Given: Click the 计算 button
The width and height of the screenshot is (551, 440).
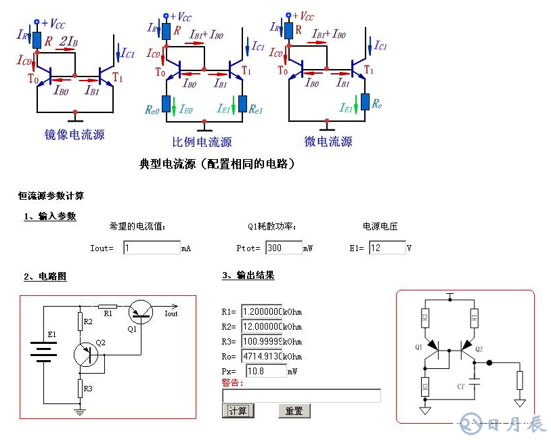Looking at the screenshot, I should [x=238, y=411].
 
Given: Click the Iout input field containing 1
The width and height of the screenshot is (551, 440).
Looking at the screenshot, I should [x=152, y=248].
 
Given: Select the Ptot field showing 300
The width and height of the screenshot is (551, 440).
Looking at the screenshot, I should [x=284, y=248].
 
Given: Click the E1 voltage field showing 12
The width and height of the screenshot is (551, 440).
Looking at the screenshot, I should [x=387, y=248].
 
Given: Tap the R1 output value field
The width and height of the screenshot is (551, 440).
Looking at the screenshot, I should [x=261, y=312].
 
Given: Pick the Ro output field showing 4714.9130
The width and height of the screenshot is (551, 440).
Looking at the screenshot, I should [x=261, y=357].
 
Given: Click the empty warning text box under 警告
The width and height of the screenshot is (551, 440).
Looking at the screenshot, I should [x=301, y=396].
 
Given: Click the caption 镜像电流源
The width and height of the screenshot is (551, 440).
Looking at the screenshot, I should [x=74, y=135].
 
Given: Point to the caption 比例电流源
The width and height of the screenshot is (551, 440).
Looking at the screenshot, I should [x=202, y=142].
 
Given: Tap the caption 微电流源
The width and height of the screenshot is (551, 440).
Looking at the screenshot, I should [x=328, y=141].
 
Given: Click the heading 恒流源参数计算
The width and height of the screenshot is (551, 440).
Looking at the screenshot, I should [x=51, y=196].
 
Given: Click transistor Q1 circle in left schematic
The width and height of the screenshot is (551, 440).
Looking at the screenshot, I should [x=141, y=312].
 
